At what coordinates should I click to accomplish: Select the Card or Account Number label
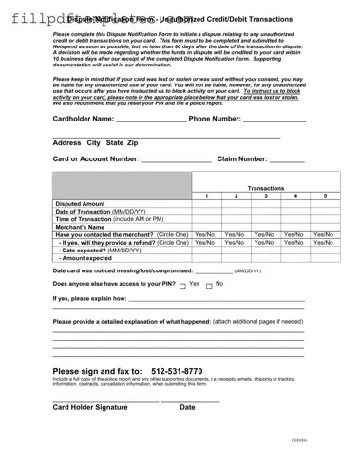pos(96,159)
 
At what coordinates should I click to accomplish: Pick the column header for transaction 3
pos(266,196)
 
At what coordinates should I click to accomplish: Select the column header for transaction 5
pos(325,196)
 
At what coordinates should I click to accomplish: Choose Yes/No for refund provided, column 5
pos(325,241)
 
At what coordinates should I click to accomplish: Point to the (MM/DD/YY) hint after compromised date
pos(249,270)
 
